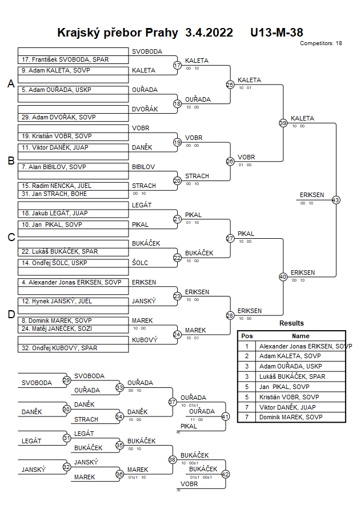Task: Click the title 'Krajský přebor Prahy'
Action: [x=117, y=33]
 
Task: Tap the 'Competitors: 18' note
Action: [x=321, y=43]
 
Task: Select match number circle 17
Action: [x=177, y=66]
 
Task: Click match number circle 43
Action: [x=336, y=200]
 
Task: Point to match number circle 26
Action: [x=230, y=162]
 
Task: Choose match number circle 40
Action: [x=283, y=276]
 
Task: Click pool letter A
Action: [x=10, y=84]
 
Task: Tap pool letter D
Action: [x=10, y=314]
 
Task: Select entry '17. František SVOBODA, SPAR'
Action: [x=65, y=59]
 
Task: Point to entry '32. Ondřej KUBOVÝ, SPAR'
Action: [x=59, y=347]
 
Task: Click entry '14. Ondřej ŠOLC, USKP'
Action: [x=55, y=263]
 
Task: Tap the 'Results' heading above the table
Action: [x=291, y=323]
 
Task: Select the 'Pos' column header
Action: [x=247, y=336]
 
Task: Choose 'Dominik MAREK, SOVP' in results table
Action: [x=290, y=417]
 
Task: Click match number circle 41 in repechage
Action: [x=225, y=416]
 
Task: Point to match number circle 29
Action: [x=66, y=380]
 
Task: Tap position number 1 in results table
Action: [x=247, y=346]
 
